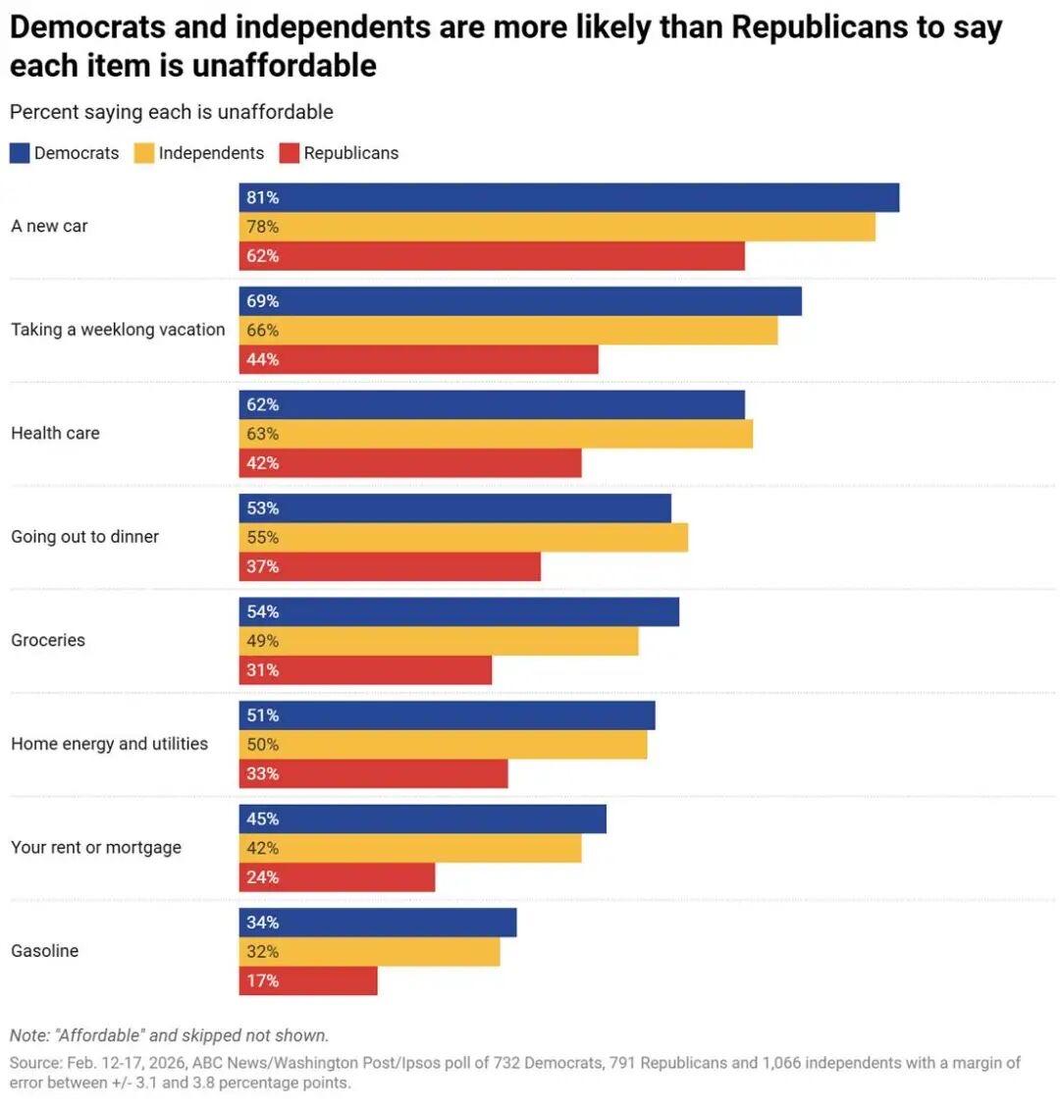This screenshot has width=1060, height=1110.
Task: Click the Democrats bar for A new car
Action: pyautogui.click(x=569, y=197)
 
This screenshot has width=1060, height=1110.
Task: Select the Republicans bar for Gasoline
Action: pyautogui.click(x=308, y=980)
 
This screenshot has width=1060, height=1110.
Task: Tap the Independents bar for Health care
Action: pyautogui.click(x=496, y=434)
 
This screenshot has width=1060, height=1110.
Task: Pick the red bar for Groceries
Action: pyautogui.click(x=365, y=670)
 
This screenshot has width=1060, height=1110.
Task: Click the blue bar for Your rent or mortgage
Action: pyautogui.click(x=422, y=819)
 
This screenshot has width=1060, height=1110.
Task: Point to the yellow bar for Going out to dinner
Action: pyautogui.click(x=463, y=538)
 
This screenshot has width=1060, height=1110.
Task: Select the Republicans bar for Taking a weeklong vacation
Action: pyautogui.click(x=418, y=359)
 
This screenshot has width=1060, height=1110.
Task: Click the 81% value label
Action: pyautogui.click(x=263, y=197)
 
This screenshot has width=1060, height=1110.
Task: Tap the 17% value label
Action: pyautogui.click(x=263, y=980)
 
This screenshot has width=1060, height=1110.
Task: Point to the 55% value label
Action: pyautogui.click(x=263, y=538)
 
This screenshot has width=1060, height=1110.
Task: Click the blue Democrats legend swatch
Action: pyautogui.click(x=20, y=153)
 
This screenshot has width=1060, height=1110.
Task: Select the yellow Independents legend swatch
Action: pyautogui.click(x=144, y=153)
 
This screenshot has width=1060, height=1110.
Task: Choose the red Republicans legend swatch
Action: pyautogui.click(x=290, y=153)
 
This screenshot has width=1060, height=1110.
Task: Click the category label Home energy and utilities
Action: pyautogui.click(x=110, y=744)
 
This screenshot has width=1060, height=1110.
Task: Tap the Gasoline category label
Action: pyautogui.click(x=45, y=951)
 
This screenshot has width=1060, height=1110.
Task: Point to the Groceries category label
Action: pyautogui.click(x=48, y=640)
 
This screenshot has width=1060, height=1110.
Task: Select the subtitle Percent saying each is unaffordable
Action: pyautogui.click(x=172, y=112)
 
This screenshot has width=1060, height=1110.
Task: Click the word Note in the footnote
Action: pyautogui.click(x=28, y=1035)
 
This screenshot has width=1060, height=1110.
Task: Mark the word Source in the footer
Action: pyautogui.click(x=34, y=1063)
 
